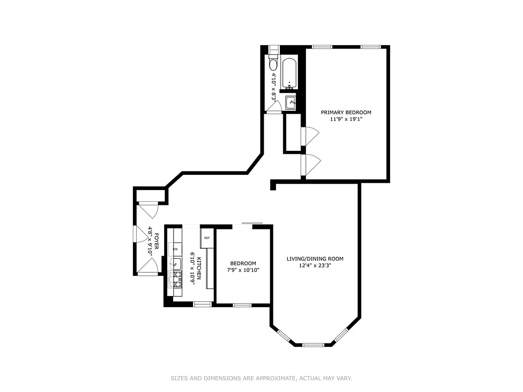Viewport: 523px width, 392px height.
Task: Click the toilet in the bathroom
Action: click(273, 64)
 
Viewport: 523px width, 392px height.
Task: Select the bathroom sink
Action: click(291, 103)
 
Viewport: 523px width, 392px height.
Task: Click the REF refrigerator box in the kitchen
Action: click(207, 238)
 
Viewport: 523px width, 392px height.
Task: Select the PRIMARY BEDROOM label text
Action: click(346, 112)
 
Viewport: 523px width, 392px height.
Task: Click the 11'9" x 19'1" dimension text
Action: click(346, 119)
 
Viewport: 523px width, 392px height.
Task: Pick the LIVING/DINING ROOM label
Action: click(315, 259)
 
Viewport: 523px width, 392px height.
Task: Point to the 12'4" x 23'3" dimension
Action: click(315, 266)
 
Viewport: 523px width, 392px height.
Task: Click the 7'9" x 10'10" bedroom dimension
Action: click(243, 270)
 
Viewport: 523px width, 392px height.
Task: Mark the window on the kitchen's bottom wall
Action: click(202, 304)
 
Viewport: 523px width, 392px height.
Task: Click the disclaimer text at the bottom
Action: click(261, 378)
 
